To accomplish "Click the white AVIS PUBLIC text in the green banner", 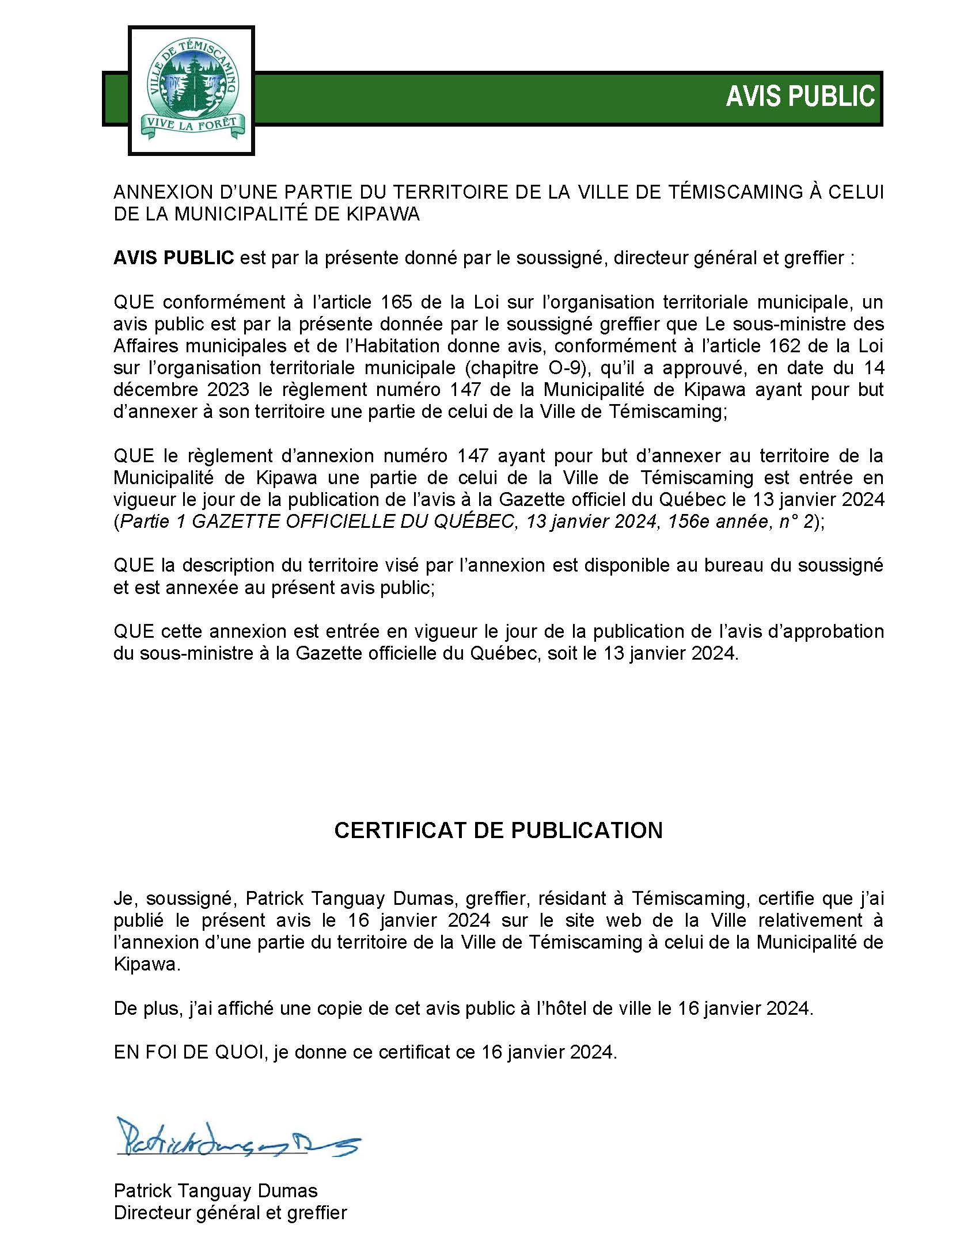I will click(x=800, y=96).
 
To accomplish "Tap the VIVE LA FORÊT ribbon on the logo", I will click(x=192, y=124).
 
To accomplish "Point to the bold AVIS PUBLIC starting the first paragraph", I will click(x=174, y=258).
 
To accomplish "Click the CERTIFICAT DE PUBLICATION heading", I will click(x=498, y=830).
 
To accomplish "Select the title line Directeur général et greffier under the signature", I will click(x=230, y=1213).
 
